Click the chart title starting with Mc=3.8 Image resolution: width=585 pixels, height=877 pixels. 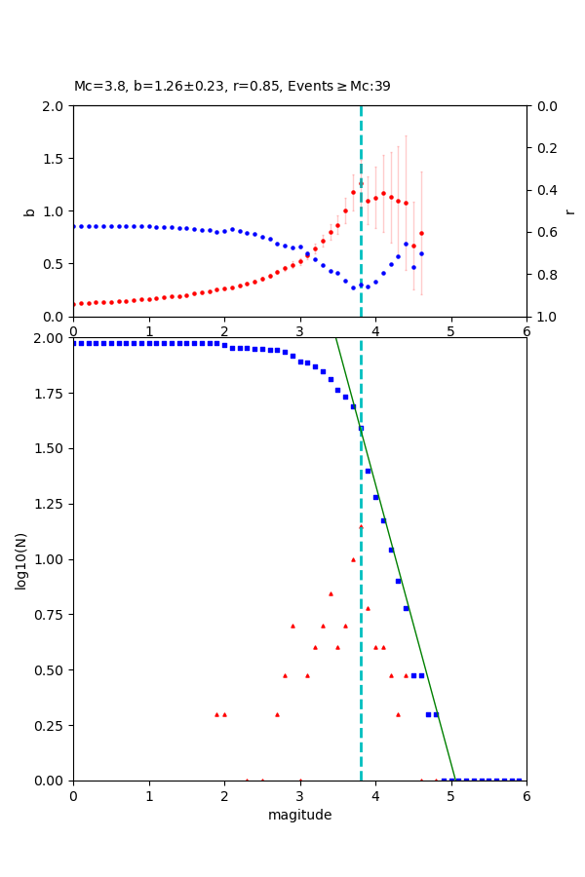(232, 86)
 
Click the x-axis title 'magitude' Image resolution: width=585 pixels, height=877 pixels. (299, 815)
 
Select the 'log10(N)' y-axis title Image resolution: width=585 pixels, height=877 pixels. (21, 559)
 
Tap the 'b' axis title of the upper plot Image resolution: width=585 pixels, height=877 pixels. (29, 210)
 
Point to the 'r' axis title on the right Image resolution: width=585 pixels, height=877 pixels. (569, 210)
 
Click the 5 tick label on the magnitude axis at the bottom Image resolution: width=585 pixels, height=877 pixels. (450, 795)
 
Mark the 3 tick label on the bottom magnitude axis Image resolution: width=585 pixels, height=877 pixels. (299, 795)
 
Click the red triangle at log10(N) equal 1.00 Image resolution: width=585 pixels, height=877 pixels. (353, 559)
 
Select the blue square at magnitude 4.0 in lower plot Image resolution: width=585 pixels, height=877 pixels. (375, 497)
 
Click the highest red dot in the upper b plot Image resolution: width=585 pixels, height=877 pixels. (361, 183)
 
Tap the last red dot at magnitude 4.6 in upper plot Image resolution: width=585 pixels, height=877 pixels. (421, 233)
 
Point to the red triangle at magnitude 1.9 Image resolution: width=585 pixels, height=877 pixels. (216, 714)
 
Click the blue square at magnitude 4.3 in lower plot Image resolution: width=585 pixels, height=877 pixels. (398, 581)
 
